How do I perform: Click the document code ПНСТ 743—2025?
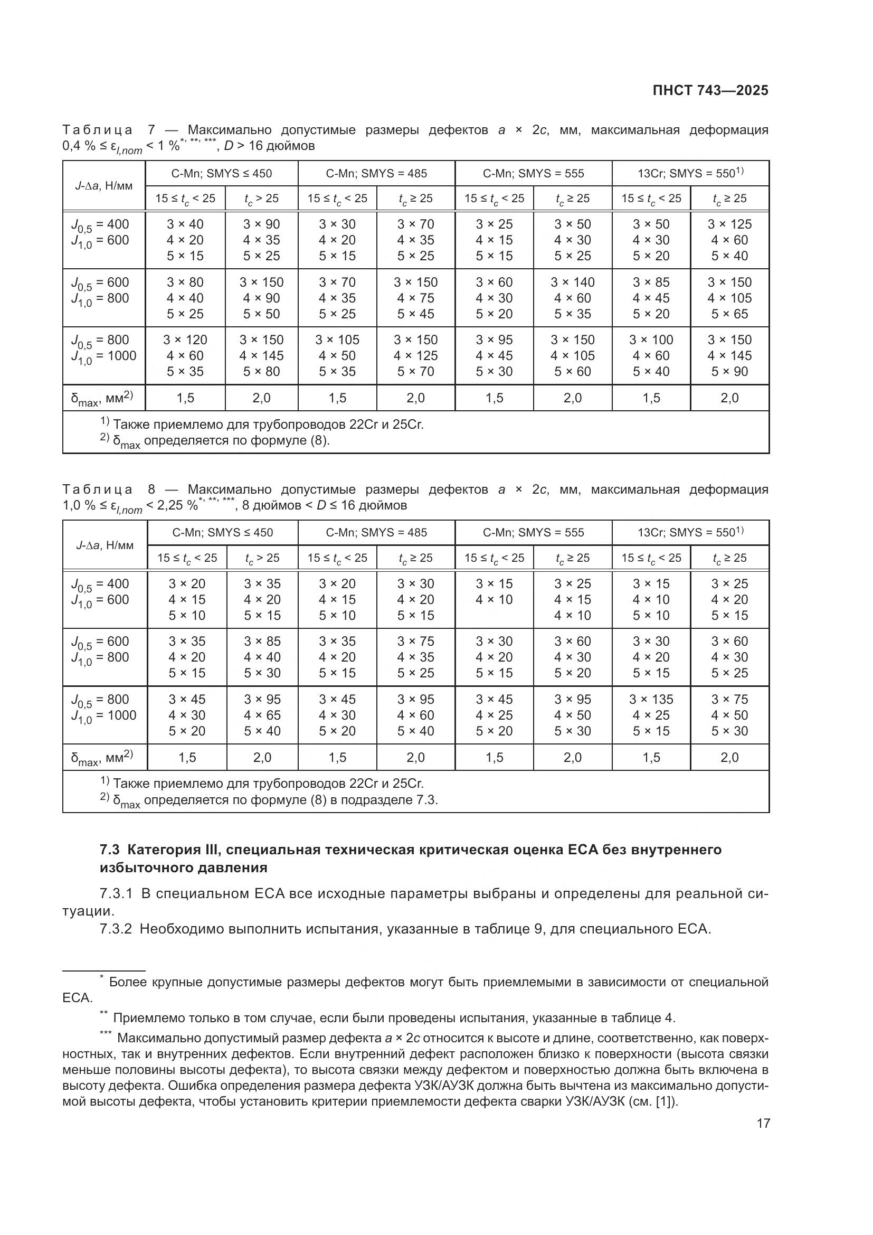click(x=710, y=90)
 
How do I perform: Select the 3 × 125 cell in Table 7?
click(x=729, y=224)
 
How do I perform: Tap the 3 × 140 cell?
click(x=573, y=282)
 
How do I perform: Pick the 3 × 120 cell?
click(x=185, y=340)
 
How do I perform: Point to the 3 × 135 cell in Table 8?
click(x=651, y=699)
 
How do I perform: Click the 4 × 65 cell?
click(x=262, y=715)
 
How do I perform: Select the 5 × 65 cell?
click(x=729, y=314)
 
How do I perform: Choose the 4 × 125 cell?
click(x=415, y=355)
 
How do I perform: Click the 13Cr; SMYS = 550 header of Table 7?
click(x=690, y=173)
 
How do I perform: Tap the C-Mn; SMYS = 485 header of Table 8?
click(x=376, y=533)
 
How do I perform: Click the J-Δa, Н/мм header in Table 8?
click(x=105, y=545)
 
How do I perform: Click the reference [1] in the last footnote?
click(x=664, y=1101)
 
